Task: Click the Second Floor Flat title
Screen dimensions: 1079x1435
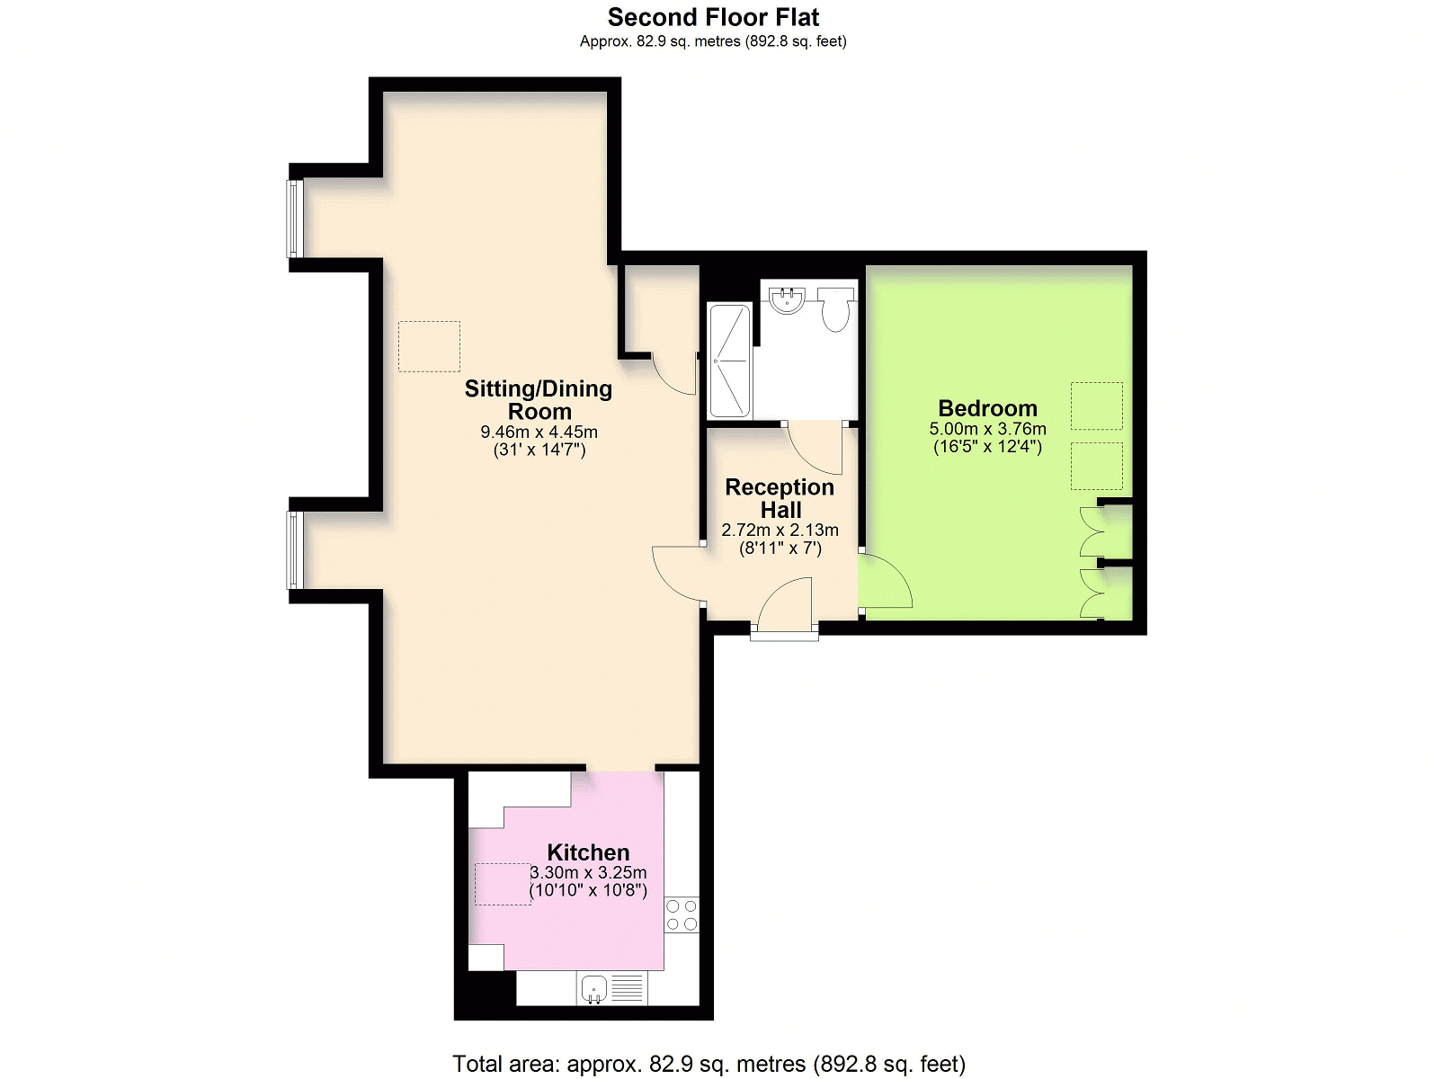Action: [713, 17]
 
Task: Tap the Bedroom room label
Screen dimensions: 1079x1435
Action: [987, 408]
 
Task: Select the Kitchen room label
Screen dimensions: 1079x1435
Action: [588, 852]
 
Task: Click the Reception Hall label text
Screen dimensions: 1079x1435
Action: [780, 498]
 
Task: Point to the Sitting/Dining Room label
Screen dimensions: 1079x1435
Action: [539, 400]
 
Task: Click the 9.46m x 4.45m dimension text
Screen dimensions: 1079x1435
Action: [539, 432]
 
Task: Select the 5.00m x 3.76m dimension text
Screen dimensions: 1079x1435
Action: [987, 429]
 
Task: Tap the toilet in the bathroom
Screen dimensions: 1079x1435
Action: [835, 308]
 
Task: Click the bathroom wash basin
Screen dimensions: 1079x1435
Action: [788, 299]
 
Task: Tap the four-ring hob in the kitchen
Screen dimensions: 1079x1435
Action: [682, 915]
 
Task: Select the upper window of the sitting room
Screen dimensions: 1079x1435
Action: [293, 218]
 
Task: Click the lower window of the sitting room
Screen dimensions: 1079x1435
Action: [293, 549]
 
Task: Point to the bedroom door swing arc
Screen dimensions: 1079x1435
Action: [886, 583]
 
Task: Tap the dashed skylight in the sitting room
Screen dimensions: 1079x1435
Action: [429, 346]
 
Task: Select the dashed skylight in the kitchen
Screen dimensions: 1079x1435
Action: [503, 884]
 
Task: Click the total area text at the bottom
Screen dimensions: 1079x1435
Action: [709, 1064]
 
